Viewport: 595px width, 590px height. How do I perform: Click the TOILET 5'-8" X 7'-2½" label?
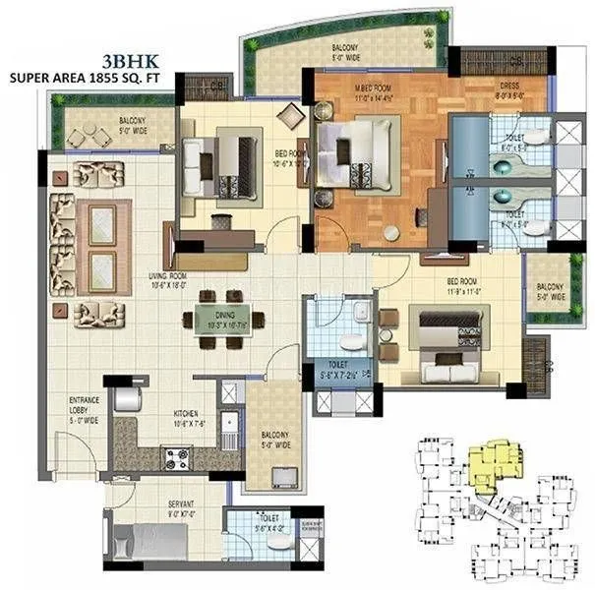341,370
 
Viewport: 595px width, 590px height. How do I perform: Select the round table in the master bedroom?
392,233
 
